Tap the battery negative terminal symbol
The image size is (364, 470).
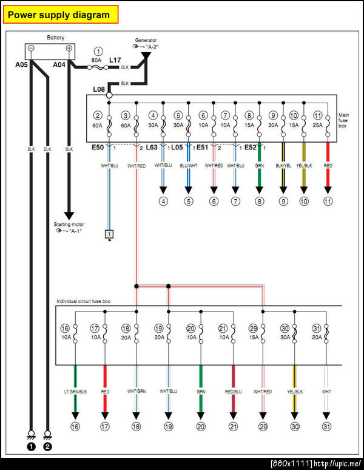click(31, 49)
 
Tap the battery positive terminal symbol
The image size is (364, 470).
click(69, 49)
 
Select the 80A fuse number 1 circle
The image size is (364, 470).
click(98, 52)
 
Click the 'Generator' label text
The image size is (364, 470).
click(146, 40)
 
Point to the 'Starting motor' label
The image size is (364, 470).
click(69, 225)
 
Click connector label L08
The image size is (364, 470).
click(99, 90)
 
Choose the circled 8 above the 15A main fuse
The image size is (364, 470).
click(249, 115)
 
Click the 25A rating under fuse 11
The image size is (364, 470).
click(317, 124)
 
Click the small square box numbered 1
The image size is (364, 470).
click(109, 234)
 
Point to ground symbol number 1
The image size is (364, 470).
click(30, 447)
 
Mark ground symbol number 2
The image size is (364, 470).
click(48, 447)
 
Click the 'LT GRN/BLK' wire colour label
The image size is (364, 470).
click(75, 392)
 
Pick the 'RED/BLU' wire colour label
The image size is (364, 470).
click(233, 392)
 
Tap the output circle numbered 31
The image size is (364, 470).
click(326, 427)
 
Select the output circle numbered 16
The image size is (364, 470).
click(75, 427)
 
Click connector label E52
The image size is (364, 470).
click(251, 146)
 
